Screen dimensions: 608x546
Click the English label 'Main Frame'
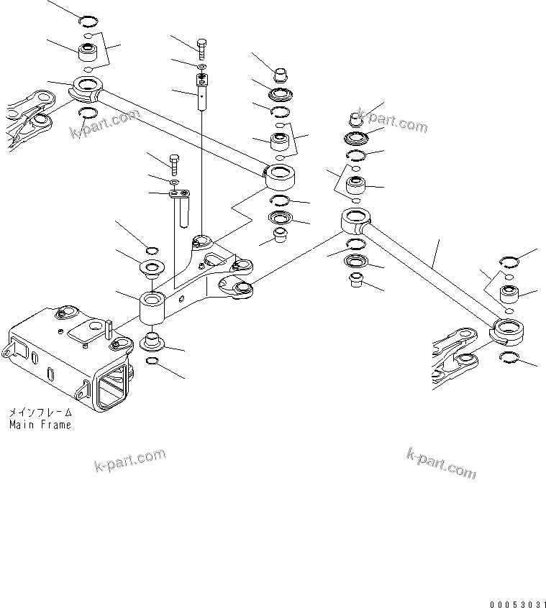coord(40,425)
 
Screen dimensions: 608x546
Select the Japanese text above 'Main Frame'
coord(40,413)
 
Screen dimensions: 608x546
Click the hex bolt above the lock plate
coord(173,162)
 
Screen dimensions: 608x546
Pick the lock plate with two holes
coord(178,193)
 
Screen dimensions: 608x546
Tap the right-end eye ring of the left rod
coord(283,175)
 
